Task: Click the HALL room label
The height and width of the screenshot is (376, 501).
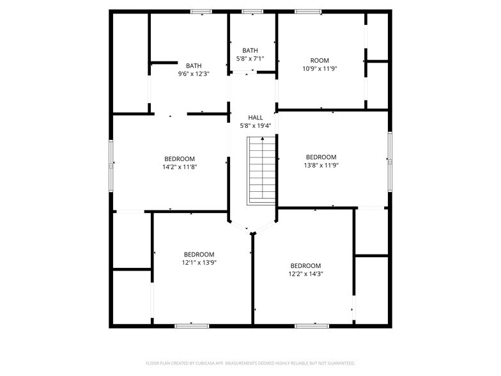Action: pyautogui.click(x=256, y=118)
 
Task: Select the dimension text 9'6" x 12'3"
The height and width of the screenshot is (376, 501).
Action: pyautogui.click(x=194, y=74)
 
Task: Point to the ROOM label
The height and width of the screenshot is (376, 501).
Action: pyautogui.click(x=320, y=61)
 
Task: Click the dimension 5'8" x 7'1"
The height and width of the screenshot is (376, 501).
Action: pyautogui.click(x=250, y=59)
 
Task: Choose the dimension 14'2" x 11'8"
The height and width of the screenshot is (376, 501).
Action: pyautogui.click(x=180, y=167)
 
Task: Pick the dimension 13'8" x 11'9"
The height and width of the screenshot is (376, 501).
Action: pyautogui.click(x=321, y=165)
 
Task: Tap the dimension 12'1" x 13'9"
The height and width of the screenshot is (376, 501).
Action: pyautogui.click(x=199, y=262)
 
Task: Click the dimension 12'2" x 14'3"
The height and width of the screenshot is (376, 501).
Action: pyautogui.click(x=305, y=274)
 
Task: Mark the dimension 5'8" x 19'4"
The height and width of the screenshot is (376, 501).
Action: pyautogui.click(x=256, y=125)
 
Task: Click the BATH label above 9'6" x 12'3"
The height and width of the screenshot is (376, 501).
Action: pyautogui.click(x=194, y=66)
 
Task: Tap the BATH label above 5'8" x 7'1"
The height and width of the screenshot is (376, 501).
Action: pyautogui.click(x=250, y=51)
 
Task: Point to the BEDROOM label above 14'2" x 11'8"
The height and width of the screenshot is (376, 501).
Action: pyautogui.click(x=180, y=159)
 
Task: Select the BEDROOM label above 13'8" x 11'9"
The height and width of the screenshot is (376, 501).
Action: pyautogui.click(x=321, y=157)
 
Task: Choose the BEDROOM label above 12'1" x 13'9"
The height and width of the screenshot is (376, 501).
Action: pyautogui.click(x=199, y=254)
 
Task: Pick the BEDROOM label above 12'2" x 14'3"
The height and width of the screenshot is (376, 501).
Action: pyautogui.click(x=305, y=266)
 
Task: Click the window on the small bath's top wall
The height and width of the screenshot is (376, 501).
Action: pyautogui.click(x=252, y=11)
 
